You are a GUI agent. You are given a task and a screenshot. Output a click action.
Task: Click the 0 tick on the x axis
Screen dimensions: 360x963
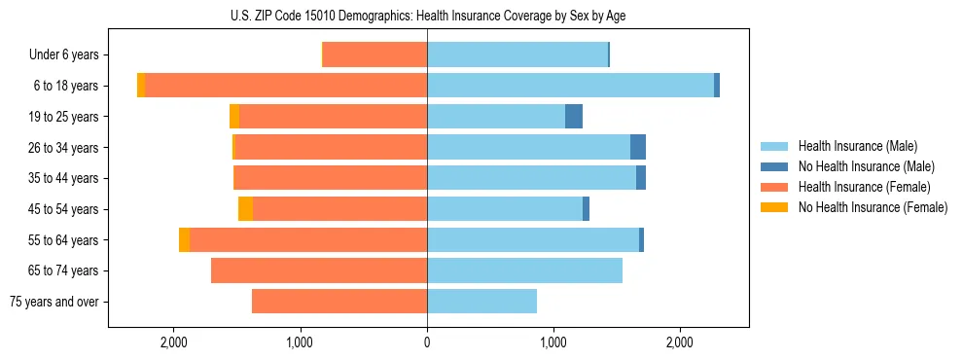point(427,342)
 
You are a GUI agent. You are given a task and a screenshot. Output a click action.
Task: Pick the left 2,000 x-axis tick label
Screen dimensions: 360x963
point(173,342)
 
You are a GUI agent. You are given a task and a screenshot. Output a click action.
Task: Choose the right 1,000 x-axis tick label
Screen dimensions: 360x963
point(553,342)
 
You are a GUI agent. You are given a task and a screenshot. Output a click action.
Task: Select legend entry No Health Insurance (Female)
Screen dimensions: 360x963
point(873,207)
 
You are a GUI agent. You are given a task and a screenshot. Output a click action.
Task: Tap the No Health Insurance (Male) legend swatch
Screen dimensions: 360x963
point(775,166)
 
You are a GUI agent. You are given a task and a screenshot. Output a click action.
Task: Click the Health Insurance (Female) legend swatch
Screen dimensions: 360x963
point(775,187)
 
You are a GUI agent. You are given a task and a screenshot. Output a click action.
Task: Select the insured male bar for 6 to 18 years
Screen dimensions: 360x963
point(570,86)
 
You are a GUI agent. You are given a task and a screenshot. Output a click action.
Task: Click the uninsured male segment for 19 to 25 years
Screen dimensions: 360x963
point(574,117)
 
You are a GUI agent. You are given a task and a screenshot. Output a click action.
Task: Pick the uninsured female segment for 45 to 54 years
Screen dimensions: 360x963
point(245,209)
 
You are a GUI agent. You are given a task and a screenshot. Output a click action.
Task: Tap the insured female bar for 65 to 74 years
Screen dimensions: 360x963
point(319,270)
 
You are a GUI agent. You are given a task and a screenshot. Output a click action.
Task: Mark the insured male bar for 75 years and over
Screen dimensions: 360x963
point(481,302)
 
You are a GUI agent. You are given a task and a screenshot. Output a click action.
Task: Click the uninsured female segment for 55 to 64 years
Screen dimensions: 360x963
point(185,240)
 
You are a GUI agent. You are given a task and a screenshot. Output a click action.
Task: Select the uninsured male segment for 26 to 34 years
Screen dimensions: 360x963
point(638,148)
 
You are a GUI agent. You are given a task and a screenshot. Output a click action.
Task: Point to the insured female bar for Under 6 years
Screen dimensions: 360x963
point(374,55)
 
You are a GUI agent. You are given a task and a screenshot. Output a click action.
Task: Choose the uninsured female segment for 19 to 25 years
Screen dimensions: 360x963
point(234,117)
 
